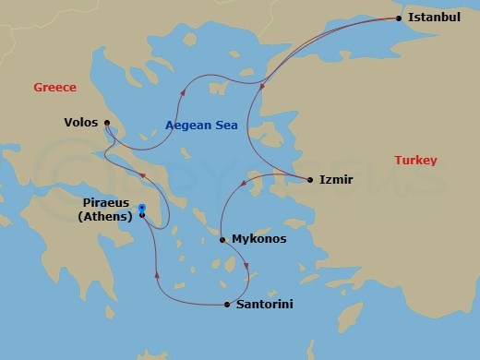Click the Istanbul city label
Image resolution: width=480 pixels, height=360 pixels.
pyautogui.click(x=434, y=18)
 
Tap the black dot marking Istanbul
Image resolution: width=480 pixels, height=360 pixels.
pyautogui.click(x=399, y=18)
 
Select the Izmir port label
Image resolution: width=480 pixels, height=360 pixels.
pyautogui.click(x=336, y=180)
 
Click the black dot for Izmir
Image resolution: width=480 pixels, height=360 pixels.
pyautogui.click(x=309, y=180)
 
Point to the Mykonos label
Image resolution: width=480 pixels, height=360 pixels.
pyautogui.click(x=258, y=239)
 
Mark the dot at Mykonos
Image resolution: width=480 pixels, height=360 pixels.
pyautogui.click(x=222, y=239)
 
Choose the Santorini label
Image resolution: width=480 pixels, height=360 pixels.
pyautogui.click(x=265, y=304)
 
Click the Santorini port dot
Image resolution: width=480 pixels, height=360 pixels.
pyautogui.click(x=227, y=304)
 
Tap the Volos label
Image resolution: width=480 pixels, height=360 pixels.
pyautogui.click(x=81, y=122)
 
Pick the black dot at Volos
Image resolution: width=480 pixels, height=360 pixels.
pyautogui.click(x=107, y=122)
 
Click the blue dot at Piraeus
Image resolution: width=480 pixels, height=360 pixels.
pyautogui.click(x=142, y=207)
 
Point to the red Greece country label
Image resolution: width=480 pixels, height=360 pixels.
pyautogui.click(x=54, y=88)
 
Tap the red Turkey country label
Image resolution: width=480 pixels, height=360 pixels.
pyautogui.click(x=415, y=161)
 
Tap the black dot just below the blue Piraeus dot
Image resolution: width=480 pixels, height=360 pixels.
pyautogui.click(x=142, y=215)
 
